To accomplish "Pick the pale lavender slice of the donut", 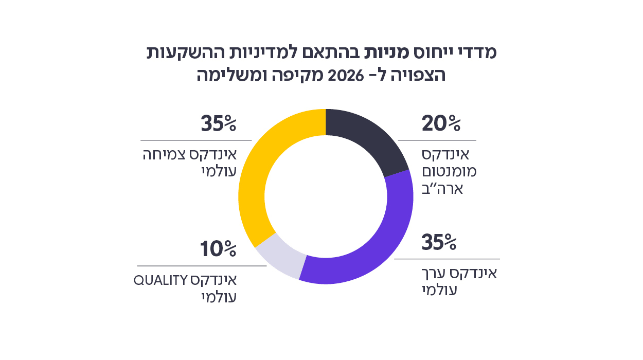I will click(280, 257).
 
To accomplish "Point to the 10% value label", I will click(218, 249).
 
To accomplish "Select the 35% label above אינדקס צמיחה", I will click(218, 124).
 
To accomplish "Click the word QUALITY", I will click(159, 281).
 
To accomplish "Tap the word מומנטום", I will click(449, 172).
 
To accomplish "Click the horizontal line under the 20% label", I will click(437, 140).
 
